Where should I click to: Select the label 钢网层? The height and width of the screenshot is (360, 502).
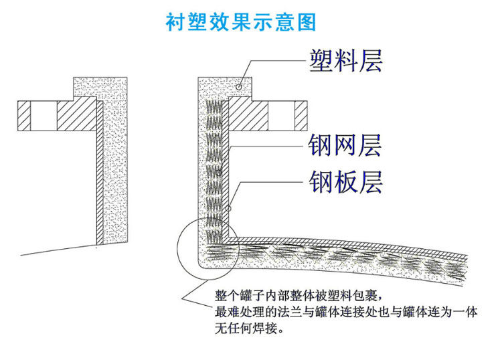[345, 143]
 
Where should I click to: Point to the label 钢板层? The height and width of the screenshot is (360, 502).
[345, 181]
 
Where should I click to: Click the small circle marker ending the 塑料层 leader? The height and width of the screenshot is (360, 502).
[239, 87]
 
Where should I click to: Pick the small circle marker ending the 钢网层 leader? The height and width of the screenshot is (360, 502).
[218, 172]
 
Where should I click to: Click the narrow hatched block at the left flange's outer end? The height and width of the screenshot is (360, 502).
[25, 115]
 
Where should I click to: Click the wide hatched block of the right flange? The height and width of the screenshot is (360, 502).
[248, 115]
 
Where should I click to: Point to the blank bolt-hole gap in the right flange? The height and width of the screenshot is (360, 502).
[280, 115]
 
